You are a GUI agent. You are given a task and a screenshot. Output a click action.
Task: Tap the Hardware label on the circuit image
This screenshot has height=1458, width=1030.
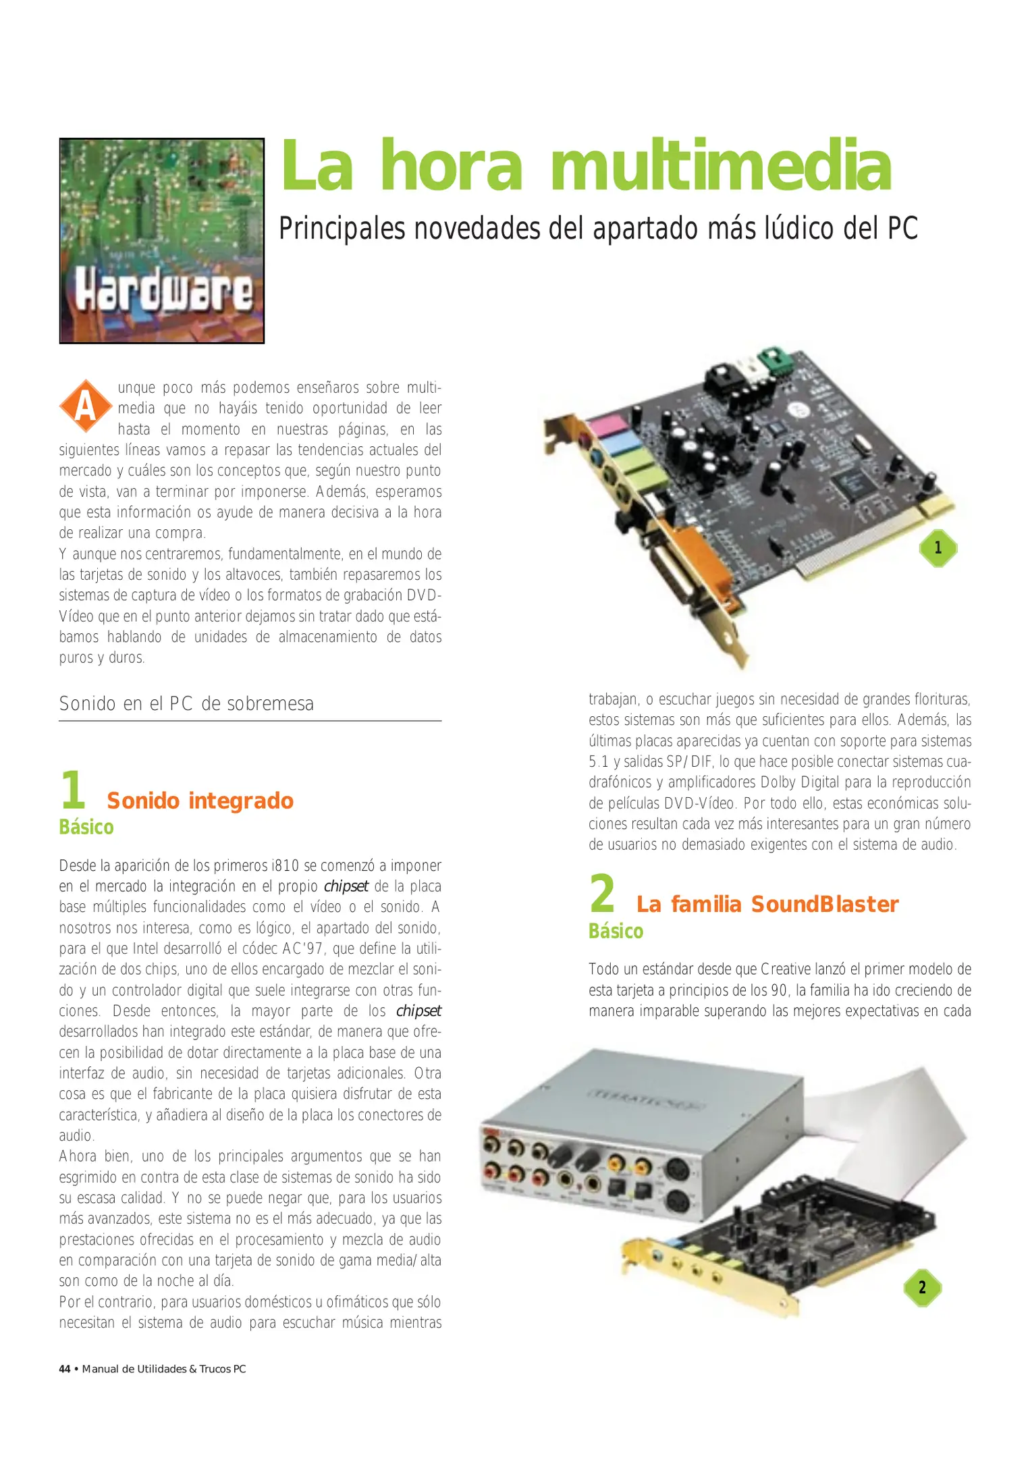(163, 291)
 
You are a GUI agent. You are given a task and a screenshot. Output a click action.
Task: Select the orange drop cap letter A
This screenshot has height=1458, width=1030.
(86, 406)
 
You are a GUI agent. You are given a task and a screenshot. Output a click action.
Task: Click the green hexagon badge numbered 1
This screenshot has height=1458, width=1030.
(938, 547)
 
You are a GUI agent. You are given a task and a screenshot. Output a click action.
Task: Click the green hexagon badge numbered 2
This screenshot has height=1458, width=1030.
(922, 1287)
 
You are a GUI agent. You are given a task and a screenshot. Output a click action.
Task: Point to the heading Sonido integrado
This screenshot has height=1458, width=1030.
(200, 801)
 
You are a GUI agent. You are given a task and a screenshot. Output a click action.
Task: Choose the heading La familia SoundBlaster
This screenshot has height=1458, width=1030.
(767, 904)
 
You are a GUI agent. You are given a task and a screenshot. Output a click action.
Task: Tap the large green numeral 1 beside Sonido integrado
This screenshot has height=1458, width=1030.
(73, 789)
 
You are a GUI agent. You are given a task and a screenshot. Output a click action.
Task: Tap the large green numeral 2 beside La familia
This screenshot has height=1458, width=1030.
(602, 893)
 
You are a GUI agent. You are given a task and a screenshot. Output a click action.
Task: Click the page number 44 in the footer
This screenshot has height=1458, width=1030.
(65, 1369)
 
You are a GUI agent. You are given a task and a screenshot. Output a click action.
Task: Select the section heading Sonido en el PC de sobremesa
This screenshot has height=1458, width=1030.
(186, 703)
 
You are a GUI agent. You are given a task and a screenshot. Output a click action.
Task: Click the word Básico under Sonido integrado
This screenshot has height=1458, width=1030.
(86, 827)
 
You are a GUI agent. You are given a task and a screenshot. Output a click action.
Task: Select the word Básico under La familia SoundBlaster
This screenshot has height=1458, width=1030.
(616, 931)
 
